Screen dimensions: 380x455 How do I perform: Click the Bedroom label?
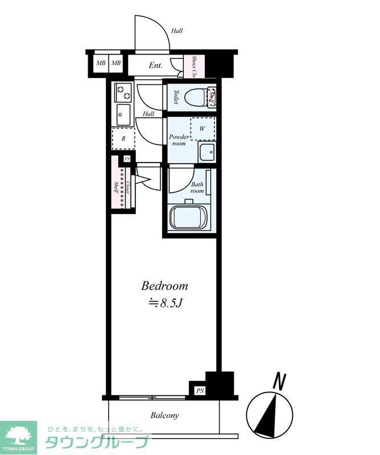164,286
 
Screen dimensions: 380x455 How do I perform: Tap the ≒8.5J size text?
165,303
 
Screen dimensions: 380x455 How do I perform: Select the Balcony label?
164,415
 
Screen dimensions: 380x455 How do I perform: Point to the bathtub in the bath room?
188,217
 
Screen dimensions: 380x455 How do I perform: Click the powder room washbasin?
206,152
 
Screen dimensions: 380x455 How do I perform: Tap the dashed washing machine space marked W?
203,129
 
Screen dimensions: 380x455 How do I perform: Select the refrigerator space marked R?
123,138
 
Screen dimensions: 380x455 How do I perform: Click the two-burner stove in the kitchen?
124,92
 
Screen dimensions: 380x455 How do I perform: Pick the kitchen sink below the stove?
124,114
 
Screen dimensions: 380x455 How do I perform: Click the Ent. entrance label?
156,65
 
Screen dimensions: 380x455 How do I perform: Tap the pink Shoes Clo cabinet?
194,66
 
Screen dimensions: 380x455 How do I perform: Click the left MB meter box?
101,63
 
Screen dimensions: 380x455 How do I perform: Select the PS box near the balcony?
200,391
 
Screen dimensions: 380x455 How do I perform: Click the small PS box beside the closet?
127,159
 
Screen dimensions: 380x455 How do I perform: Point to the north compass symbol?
270,414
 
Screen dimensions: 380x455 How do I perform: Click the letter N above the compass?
279,381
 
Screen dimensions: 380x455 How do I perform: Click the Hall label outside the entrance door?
177,31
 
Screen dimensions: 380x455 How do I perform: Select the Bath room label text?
197,188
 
